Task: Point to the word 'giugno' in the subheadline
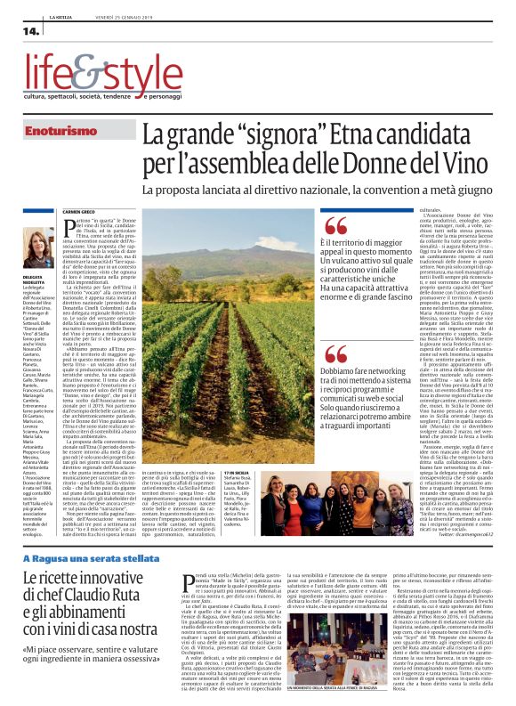pyautogui.click(x=467, y=190)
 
